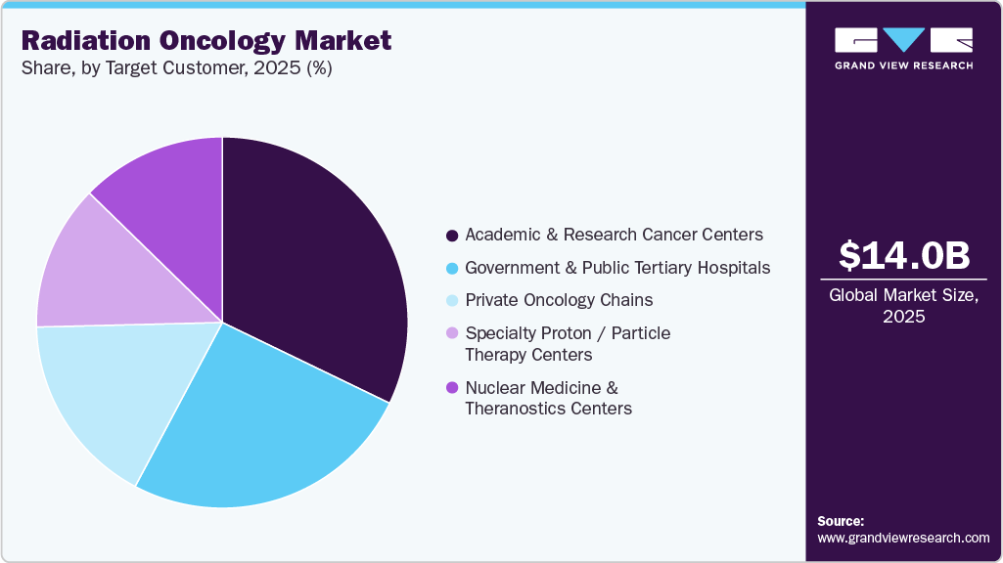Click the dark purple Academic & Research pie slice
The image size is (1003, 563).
tap(313, 274)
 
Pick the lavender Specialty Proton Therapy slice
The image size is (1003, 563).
tap(108, 269)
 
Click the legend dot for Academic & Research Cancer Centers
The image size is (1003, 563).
tap(451, 236)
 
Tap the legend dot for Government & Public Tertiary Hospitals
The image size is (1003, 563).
tap(451, 268)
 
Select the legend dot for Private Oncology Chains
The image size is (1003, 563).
tap(451, 300)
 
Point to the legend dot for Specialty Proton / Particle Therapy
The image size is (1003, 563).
tap(451, 333)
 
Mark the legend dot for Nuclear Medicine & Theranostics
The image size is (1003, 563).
tap(451, 388)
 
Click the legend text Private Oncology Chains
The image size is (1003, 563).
tap(559, 300)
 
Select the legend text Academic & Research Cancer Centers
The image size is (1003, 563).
tap(614, 235)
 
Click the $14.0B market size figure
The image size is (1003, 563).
tap(904, 255)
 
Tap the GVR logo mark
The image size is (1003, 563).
tap(903, 40)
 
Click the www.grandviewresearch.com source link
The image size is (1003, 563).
tap(903, 538)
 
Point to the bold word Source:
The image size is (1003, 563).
tap(841, 521)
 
